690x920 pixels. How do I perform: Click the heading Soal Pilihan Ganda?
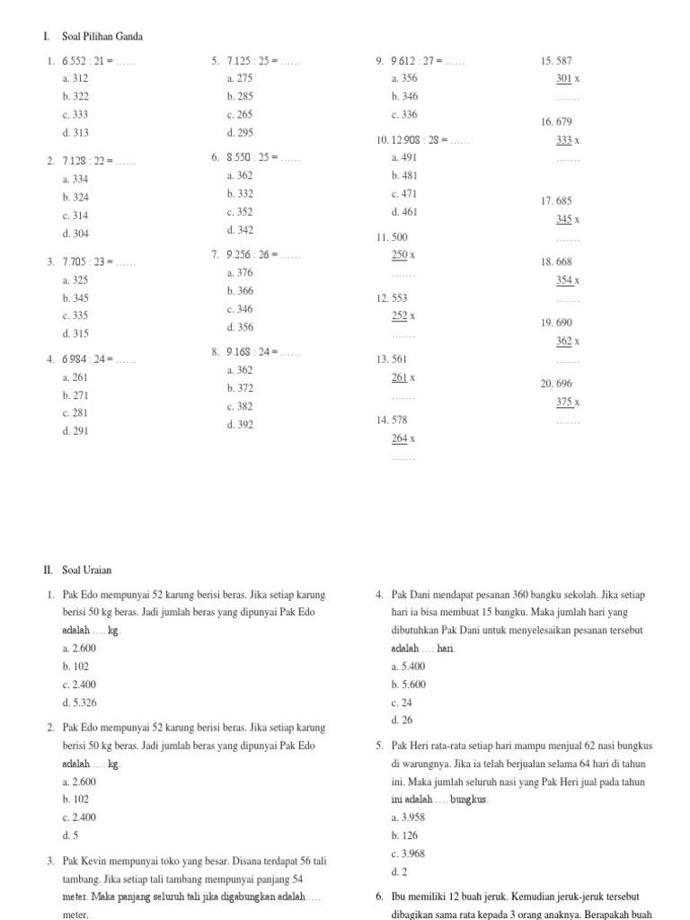pos(102,37)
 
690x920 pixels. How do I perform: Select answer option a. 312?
pos(75,78)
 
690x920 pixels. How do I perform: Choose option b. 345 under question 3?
pos(75,297)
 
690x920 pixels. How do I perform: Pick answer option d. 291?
pos(75,430)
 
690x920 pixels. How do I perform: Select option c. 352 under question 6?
pos(240,212)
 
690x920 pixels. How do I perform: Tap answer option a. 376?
pos(240,273)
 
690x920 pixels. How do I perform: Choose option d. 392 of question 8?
pos(240,424)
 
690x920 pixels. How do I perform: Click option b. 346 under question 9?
pos(404,96)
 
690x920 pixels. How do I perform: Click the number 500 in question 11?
pos(401,237)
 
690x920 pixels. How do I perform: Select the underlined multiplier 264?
pos(400,438)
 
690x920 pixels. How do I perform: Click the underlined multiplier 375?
pos(564,402)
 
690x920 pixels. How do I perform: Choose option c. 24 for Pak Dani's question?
pos(402,703)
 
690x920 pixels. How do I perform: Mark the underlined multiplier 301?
pos(564,79)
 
